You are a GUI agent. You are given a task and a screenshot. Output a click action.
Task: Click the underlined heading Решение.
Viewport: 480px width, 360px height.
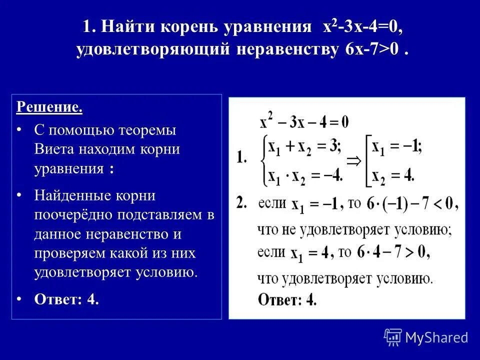tap(49, 107)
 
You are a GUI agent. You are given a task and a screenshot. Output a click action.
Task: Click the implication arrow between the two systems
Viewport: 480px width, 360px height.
tap(354, 160)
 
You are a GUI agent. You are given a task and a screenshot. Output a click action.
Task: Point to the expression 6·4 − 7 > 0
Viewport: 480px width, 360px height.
tap(393, 252)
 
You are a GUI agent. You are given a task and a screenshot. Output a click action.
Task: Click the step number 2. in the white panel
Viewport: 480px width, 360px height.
tap(242, 203)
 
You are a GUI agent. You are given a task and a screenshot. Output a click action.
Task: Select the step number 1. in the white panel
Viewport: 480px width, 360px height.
tap(241, 158)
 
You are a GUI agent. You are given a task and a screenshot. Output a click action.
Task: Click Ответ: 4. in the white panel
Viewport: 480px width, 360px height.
tap(287, 299)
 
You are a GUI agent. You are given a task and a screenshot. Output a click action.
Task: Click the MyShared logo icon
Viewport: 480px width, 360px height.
tap(393, 337)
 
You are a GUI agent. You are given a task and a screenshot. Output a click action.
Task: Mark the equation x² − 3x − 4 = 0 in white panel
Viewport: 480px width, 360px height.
tap(304, 121)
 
